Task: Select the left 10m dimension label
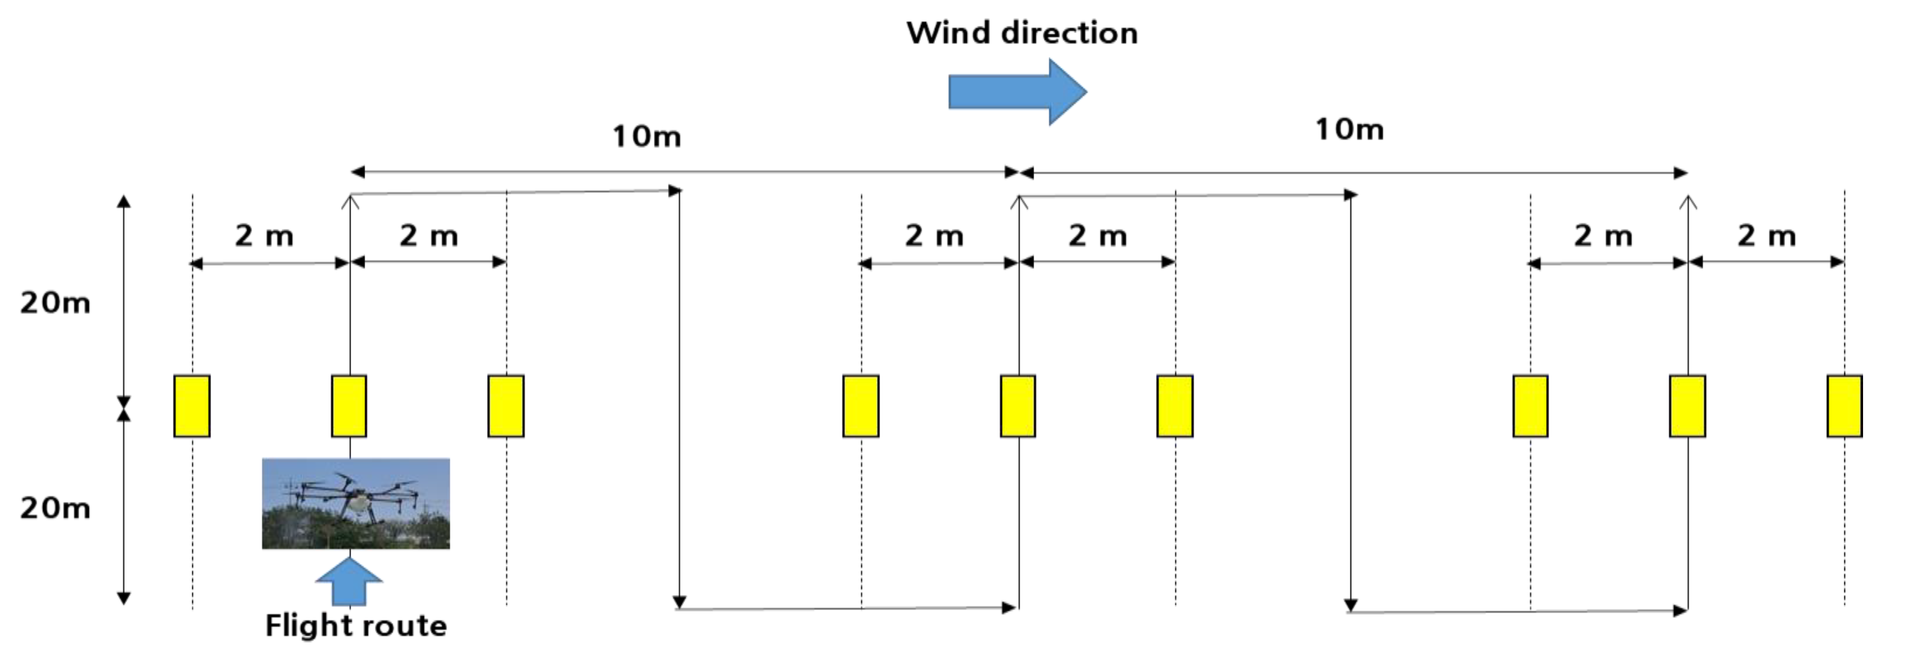coord(646,137)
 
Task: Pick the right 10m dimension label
coord(1349,130)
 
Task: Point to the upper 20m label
coord(55,303)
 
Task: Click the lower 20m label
coord(55,509)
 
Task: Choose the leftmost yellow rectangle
coord(192,406)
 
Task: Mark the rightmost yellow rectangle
coord(1844,406)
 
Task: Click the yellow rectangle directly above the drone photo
coord(349,406)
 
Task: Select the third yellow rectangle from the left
coord(506,406)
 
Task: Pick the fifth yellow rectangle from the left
coord(1018,406)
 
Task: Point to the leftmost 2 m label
coord(264,236)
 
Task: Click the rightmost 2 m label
coord(1766,236)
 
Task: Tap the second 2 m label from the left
coord(429,236)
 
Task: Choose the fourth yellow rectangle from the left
coord(861,406)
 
